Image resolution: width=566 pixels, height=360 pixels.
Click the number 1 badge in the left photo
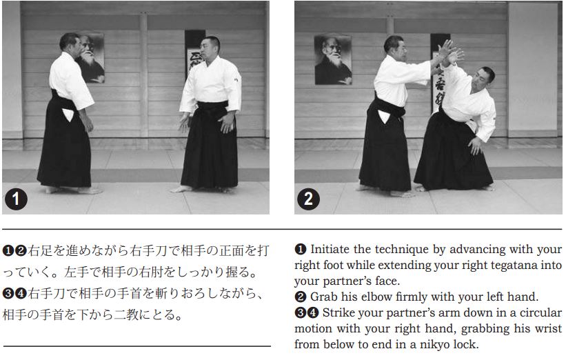click(16, 199)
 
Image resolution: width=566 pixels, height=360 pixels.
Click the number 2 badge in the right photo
click(308, 199)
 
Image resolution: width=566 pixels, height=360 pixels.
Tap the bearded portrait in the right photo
click(332, 59)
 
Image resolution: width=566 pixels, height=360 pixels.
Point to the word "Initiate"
click(330, 249)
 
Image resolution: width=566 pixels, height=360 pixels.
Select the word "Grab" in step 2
click(324, 297)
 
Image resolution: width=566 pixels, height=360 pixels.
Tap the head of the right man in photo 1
click(210, 48)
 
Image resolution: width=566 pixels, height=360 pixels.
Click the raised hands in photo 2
click(449, 52)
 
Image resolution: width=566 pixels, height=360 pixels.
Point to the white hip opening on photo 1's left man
click(68, 114)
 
